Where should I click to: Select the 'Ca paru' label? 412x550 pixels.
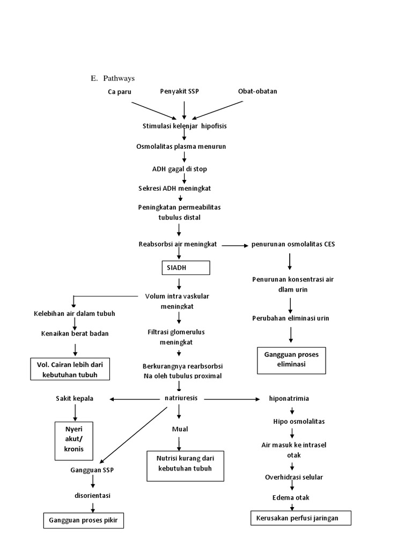[x=119, y=92]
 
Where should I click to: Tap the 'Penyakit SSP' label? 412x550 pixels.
[x=179, y=91]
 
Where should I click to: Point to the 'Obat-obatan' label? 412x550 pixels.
[x=257, y=91]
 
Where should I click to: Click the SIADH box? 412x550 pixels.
[x=186, y=267]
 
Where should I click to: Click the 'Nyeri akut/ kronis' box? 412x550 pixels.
[x=75, y=440]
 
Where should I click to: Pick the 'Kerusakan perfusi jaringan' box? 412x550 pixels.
[x=301, y=518]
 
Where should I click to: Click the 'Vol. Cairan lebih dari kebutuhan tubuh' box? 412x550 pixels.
[x=70, y=369]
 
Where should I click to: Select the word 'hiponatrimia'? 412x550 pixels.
[x=289, y=399]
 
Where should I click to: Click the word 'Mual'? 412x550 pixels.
[x=180, y=429]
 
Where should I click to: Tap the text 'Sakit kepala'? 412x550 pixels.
[x=75, y=399]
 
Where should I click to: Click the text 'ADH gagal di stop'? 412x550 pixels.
[x=179, y=169]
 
